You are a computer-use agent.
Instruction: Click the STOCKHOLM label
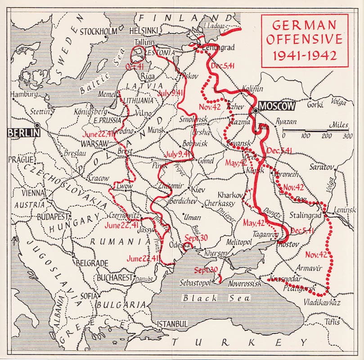(99, 31)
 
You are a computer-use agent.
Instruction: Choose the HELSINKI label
(144, 31)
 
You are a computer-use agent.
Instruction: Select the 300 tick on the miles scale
(347, 136)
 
